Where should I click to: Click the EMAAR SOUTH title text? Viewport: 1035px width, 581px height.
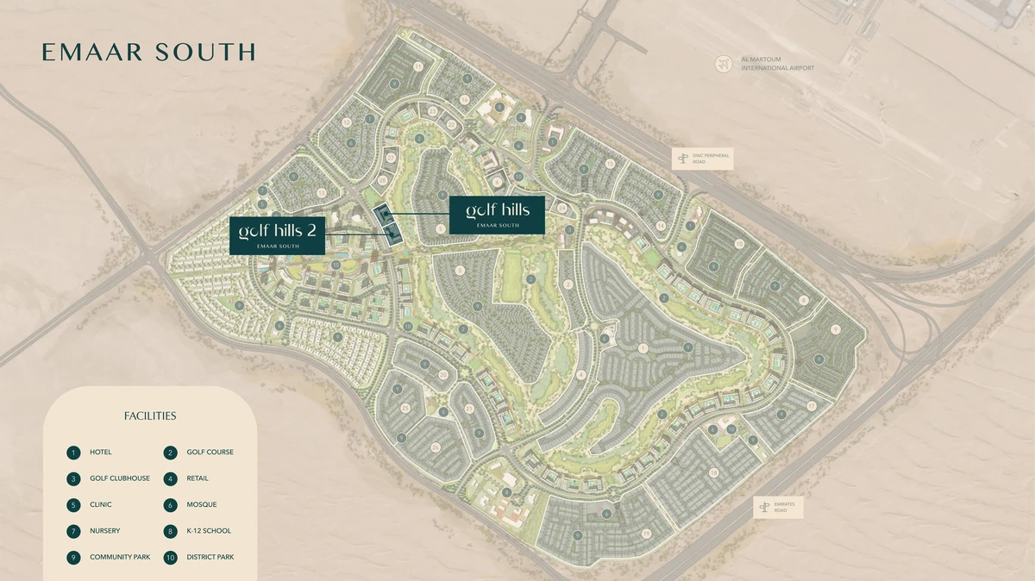pyautogui.click(x=148, y=52)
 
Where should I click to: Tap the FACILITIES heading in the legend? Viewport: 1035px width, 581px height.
pyautogui.click(x=150, y=415)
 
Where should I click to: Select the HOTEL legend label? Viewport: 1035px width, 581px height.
pyautogui.click(x=100, y=452)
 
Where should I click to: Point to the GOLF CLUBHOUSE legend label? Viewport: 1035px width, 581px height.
pyautogui.click(x=119, y=478)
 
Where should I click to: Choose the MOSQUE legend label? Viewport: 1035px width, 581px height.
pyautogui.click(x=201, y=504)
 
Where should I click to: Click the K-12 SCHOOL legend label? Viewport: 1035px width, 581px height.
pyautogui.click(x=208, y=531)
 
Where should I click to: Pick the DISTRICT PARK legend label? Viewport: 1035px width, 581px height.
pyautogui.click(x=210, y=557)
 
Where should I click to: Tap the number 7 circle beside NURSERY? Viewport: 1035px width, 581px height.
pyautogui.click(x=74, y=531)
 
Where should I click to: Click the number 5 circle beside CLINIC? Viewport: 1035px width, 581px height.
pyautogui.click(x=74, y=504)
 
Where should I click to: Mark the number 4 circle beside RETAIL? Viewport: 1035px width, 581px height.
pyautogui.click(x=171, y=478)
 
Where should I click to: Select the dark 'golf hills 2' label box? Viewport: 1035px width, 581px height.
pyautogui.click(x=277, y=235)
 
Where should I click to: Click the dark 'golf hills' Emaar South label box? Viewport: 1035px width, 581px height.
pyautogui.click(x=498, y=215)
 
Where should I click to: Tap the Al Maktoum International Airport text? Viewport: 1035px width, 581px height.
pyautogui.click(x=777, y=64)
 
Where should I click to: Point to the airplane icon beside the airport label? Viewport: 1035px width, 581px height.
pyautogui.click(x=723, y=64)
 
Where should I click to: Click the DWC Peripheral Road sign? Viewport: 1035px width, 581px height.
pyautogui.click(x=703, y=158)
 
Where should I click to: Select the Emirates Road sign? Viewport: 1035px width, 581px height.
pyautogui.click(x=778, y=508)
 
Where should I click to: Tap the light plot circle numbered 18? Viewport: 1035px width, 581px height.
pyautogui.click(x=713, y=472)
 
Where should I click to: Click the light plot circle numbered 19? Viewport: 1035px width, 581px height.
pyautogui.click(x=645, y=534)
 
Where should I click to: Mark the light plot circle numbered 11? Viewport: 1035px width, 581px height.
pyautogui.click(x=418, y=66)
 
